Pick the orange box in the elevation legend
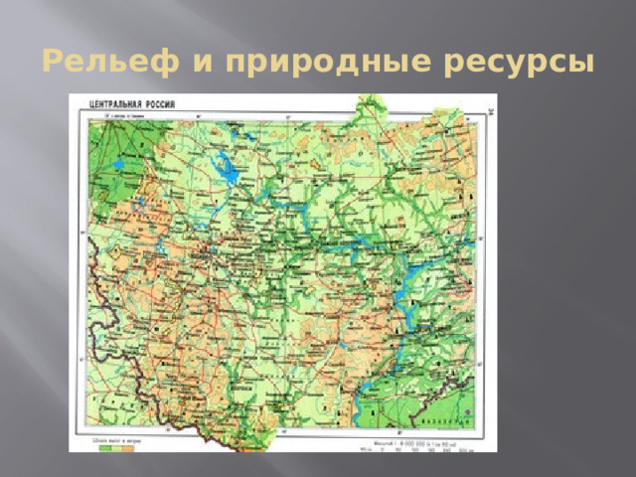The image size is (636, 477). (x=128, y=447)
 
